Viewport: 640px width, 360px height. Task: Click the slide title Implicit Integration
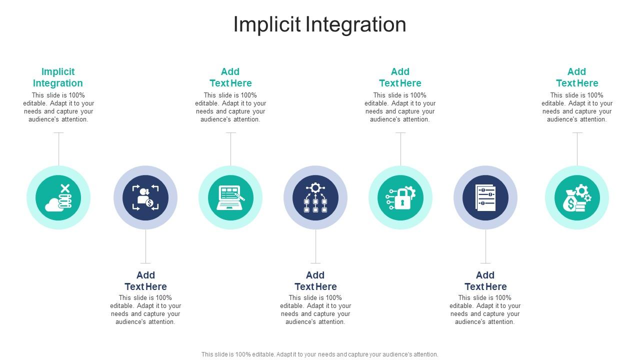point(319,24)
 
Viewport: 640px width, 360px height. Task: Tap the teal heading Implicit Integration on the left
point(58,77)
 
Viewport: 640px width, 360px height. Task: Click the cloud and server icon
point(58,197)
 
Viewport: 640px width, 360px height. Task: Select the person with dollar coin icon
point(145,197)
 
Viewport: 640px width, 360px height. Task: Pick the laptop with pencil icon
point(230,197)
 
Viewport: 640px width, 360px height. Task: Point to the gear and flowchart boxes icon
point(315,197)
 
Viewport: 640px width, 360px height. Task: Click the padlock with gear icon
point(400,197)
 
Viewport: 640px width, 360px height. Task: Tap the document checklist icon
point(485,197)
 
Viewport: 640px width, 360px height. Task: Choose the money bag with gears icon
point(577,197)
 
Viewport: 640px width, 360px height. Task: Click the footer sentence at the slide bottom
point(319,354)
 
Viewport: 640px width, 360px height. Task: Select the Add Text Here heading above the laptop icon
point(230,77)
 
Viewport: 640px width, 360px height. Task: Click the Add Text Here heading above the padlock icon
point(400,77)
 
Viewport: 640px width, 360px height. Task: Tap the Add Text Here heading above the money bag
point(577,77)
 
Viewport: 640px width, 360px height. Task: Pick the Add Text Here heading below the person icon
point(145,280)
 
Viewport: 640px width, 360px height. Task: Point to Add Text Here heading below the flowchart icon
point(315,280)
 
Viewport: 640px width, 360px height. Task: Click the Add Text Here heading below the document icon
point(485,280)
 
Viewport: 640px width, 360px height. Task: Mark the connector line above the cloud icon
point(59,149)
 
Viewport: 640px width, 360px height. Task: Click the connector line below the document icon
point(485,246)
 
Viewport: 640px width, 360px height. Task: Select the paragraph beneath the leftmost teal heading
point(58,107)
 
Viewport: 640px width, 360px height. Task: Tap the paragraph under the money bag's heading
point(577,107)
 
